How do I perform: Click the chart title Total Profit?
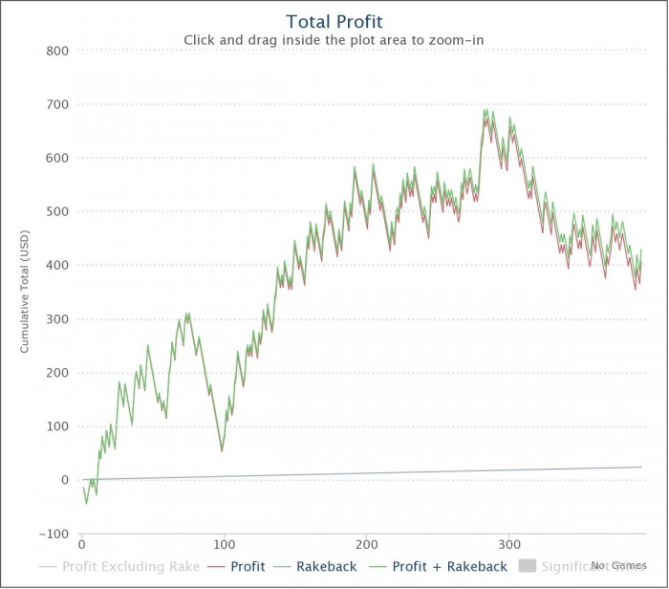click(334, 21)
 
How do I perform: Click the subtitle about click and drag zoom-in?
click(334, 40)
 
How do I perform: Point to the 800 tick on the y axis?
click(56, 51)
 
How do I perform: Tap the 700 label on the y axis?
click(56, 104)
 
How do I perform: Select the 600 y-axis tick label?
click(56, 158)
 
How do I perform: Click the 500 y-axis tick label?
click(56, 211)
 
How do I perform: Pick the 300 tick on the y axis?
click(56, 319)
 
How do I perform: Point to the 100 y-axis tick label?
click(56, 426)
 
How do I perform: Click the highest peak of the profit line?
click(486, 110)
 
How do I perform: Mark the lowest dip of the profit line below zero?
click(86, 503)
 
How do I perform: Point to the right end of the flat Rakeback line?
click(640, 467)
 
